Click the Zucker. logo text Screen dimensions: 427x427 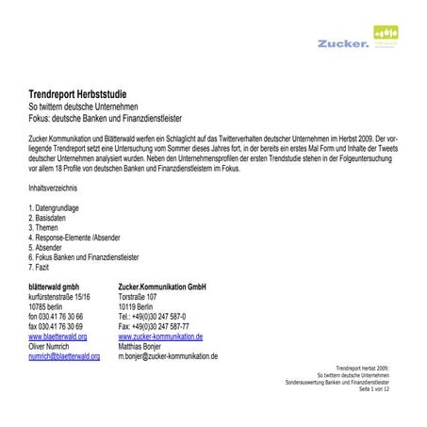point(344,42)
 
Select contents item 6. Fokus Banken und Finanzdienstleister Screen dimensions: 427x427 point(84,257)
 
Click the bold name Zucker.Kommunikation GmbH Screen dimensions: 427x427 point(162,286)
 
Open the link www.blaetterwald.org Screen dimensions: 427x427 point(57,337)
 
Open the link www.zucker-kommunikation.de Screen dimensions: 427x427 point(160,337)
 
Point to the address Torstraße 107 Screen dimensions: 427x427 point(138,296)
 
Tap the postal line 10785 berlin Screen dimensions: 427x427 point(51,306)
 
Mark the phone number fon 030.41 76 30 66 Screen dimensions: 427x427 point(56,317)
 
